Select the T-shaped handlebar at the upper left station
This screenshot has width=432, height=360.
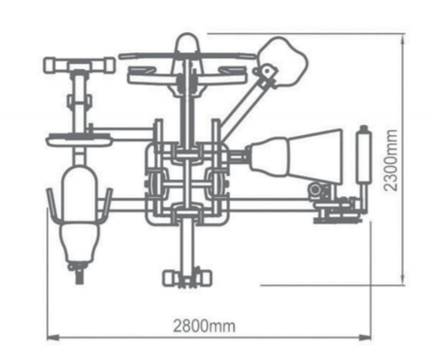click(82, 65)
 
